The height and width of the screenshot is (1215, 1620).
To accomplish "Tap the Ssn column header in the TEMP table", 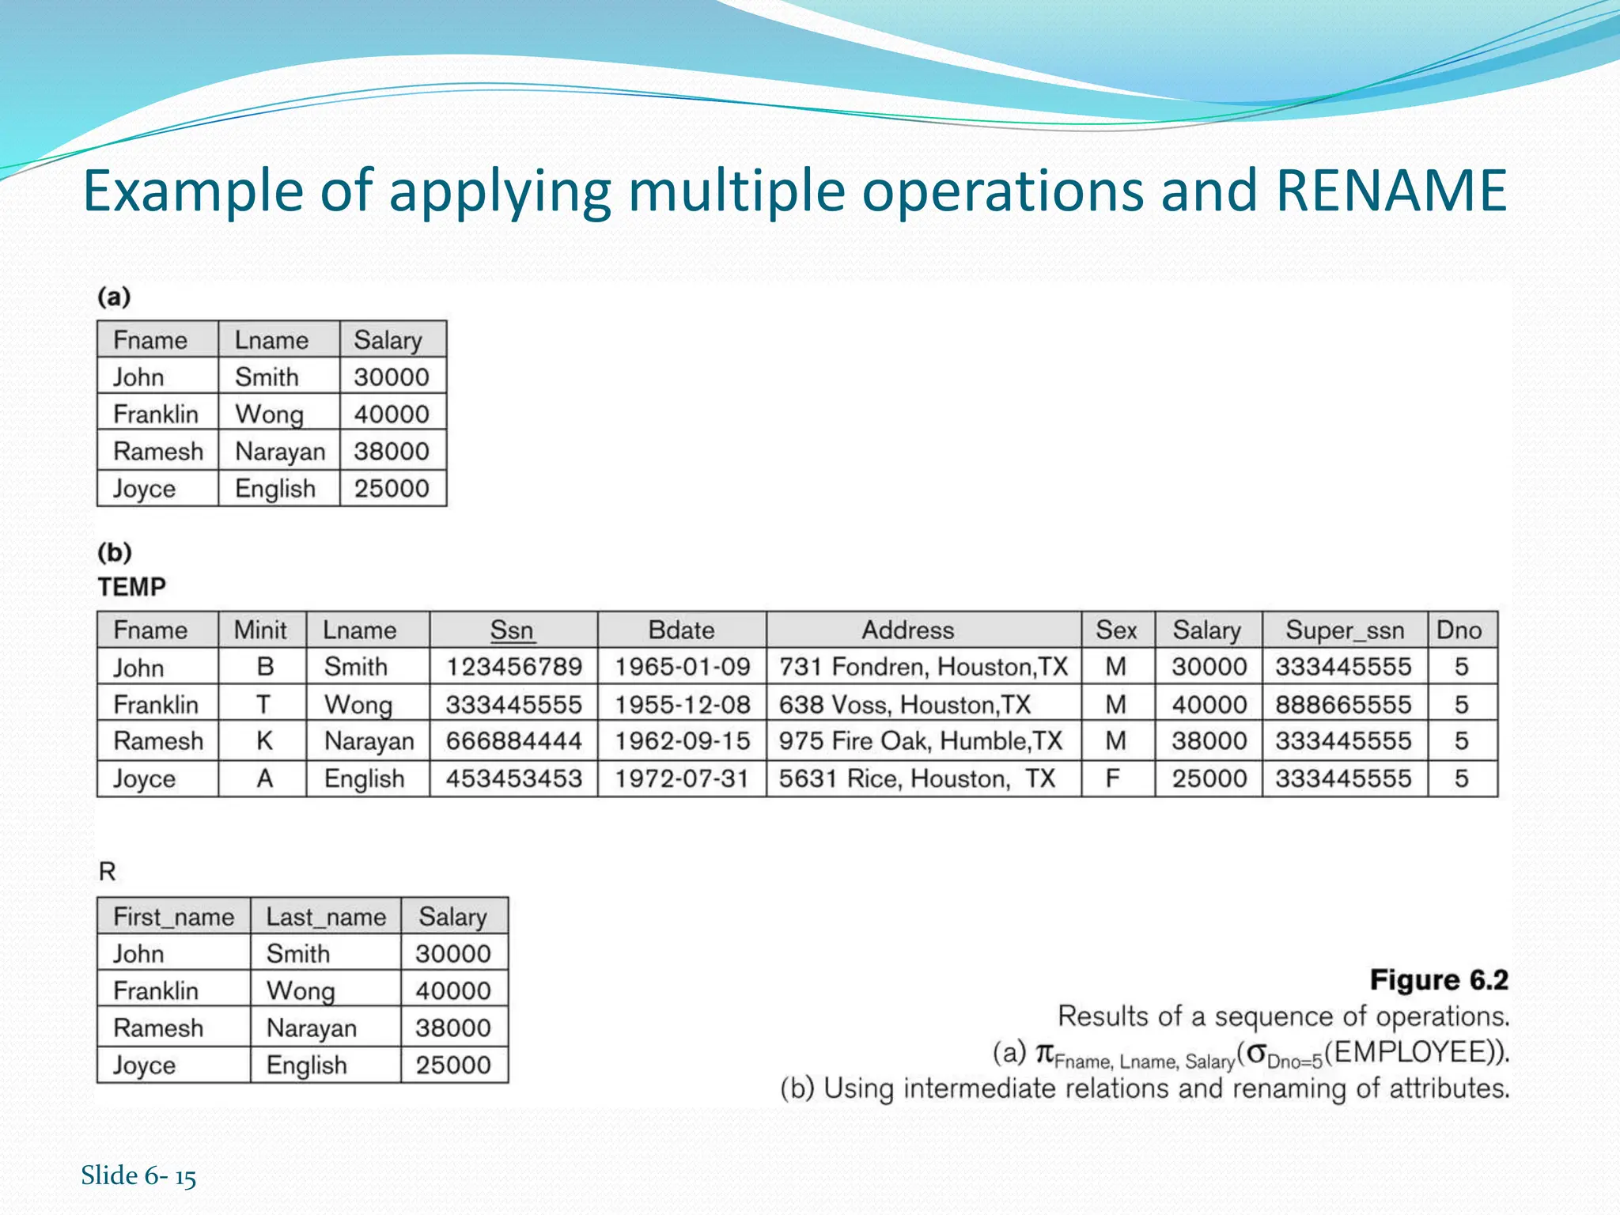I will tap(512, 630).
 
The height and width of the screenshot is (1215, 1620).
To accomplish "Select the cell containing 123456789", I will tap(514, 667).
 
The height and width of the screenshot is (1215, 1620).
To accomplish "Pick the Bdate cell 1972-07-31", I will tap(682, 779).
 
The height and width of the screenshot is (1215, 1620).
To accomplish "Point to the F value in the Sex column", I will tap(1113, 779).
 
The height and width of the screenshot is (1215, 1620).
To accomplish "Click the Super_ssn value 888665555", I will tap(1343, 705).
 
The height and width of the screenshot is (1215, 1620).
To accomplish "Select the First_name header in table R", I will tap(173, 917).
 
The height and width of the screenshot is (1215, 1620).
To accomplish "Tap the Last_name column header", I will tap(326, 917).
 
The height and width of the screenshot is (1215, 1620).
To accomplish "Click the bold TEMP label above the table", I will tap(132, 587).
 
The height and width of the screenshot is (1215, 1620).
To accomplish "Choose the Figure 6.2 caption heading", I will tap(1439, 980).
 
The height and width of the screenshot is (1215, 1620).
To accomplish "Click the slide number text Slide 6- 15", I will tap(138, 1175).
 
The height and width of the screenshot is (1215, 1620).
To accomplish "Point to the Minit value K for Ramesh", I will tap(264, 741).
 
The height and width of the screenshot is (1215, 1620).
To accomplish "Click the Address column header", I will tap(907, 630).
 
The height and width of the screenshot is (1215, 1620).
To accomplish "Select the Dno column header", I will tap(1459, 630).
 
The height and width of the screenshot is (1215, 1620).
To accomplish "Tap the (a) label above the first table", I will tap(114, 297).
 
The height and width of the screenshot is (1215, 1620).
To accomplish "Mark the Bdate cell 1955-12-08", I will tap(682, 705).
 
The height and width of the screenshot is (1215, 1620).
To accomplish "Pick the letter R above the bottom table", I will tap(107, 872).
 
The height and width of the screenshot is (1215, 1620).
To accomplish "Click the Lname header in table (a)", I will tap(271, 340).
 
